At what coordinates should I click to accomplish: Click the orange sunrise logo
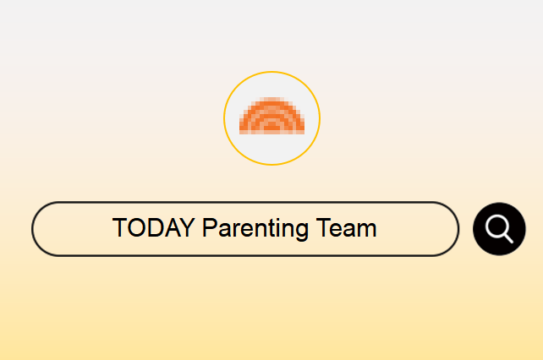[x=271, y=116]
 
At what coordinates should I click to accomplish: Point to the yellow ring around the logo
[x=271, y=72]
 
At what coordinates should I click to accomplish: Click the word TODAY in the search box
[x=153, y=228]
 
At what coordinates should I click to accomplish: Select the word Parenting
[x=255, y=228]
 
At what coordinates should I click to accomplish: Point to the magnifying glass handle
[x=508, y=238]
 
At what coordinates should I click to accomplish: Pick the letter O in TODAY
[x=138, y=228]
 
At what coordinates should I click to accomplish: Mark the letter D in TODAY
[x=158, y=228]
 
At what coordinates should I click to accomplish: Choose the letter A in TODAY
[x=175, y=228]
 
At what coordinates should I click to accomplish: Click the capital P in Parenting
[x=210, y=228]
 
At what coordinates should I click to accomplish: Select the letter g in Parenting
[x=301, y=232]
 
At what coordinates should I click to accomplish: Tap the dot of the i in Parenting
[x=281, y=220]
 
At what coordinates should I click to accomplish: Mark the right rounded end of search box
[x=458, y=229]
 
